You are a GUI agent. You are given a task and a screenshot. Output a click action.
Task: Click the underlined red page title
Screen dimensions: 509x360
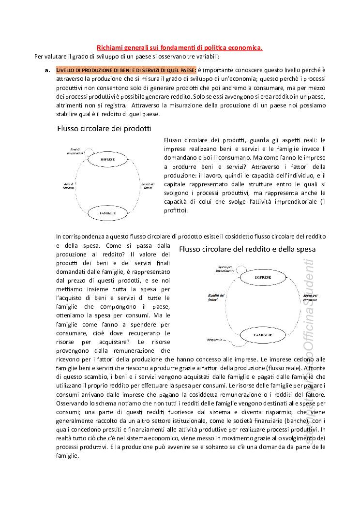[x=180, y=47]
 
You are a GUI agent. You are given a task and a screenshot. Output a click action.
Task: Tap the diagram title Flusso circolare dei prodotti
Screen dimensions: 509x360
[x=104, y=129]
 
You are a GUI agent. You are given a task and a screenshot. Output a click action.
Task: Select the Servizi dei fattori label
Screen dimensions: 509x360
[x=148, y=185]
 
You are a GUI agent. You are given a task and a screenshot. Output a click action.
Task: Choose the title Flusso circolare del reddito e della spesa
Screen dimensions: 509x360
[x=247, y=249]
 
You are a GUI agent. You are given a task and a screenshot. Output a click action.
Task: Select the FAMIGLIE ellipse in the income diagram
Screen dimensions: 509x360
[x=263, y=335]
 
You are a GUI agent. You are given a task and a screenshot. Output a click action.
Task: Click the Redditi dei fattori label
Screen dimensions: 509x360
[x=216, y=297]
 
